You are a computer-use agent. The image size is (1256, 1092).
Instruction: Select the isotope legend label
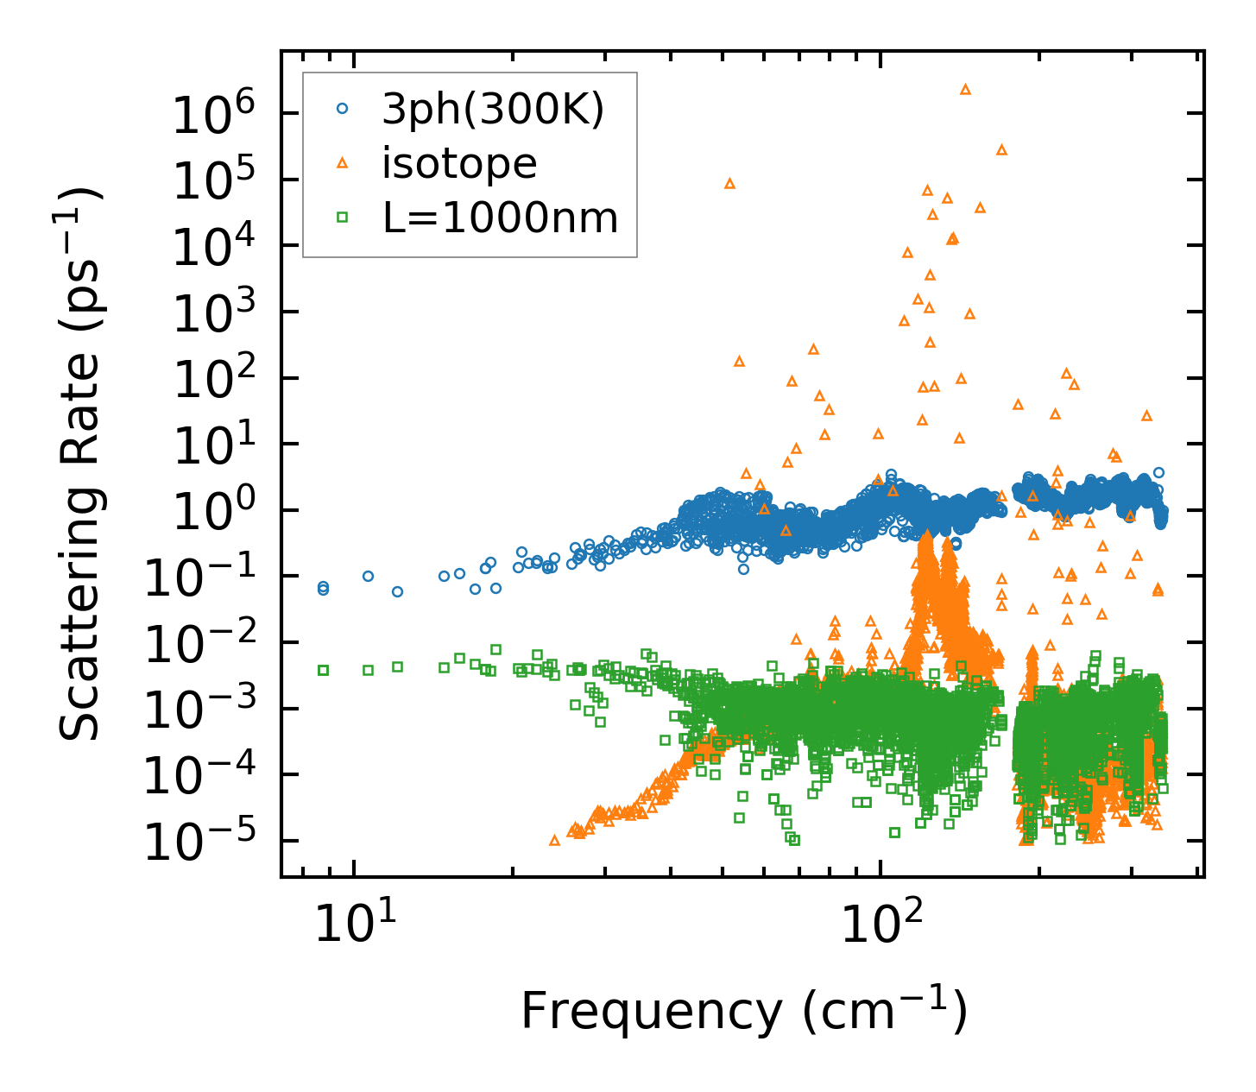459,163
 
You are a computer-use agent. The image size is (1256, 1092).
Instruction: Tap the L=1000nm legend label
500,218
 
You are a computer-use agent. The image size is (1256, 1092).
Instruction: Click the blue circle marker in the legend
343,109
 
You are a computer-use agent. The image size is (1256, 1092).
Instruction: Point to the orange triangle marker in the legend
343,162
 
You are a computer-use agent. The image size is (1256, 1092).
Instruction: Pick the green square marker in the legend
343,218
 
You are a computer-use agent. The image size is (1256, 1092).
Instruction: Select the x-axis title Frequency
742,1011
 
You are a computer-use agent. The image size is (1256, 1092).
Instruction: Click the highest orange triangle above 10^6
965,89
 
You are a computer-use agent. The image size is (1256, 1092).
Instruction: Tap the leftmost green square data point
323,670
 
